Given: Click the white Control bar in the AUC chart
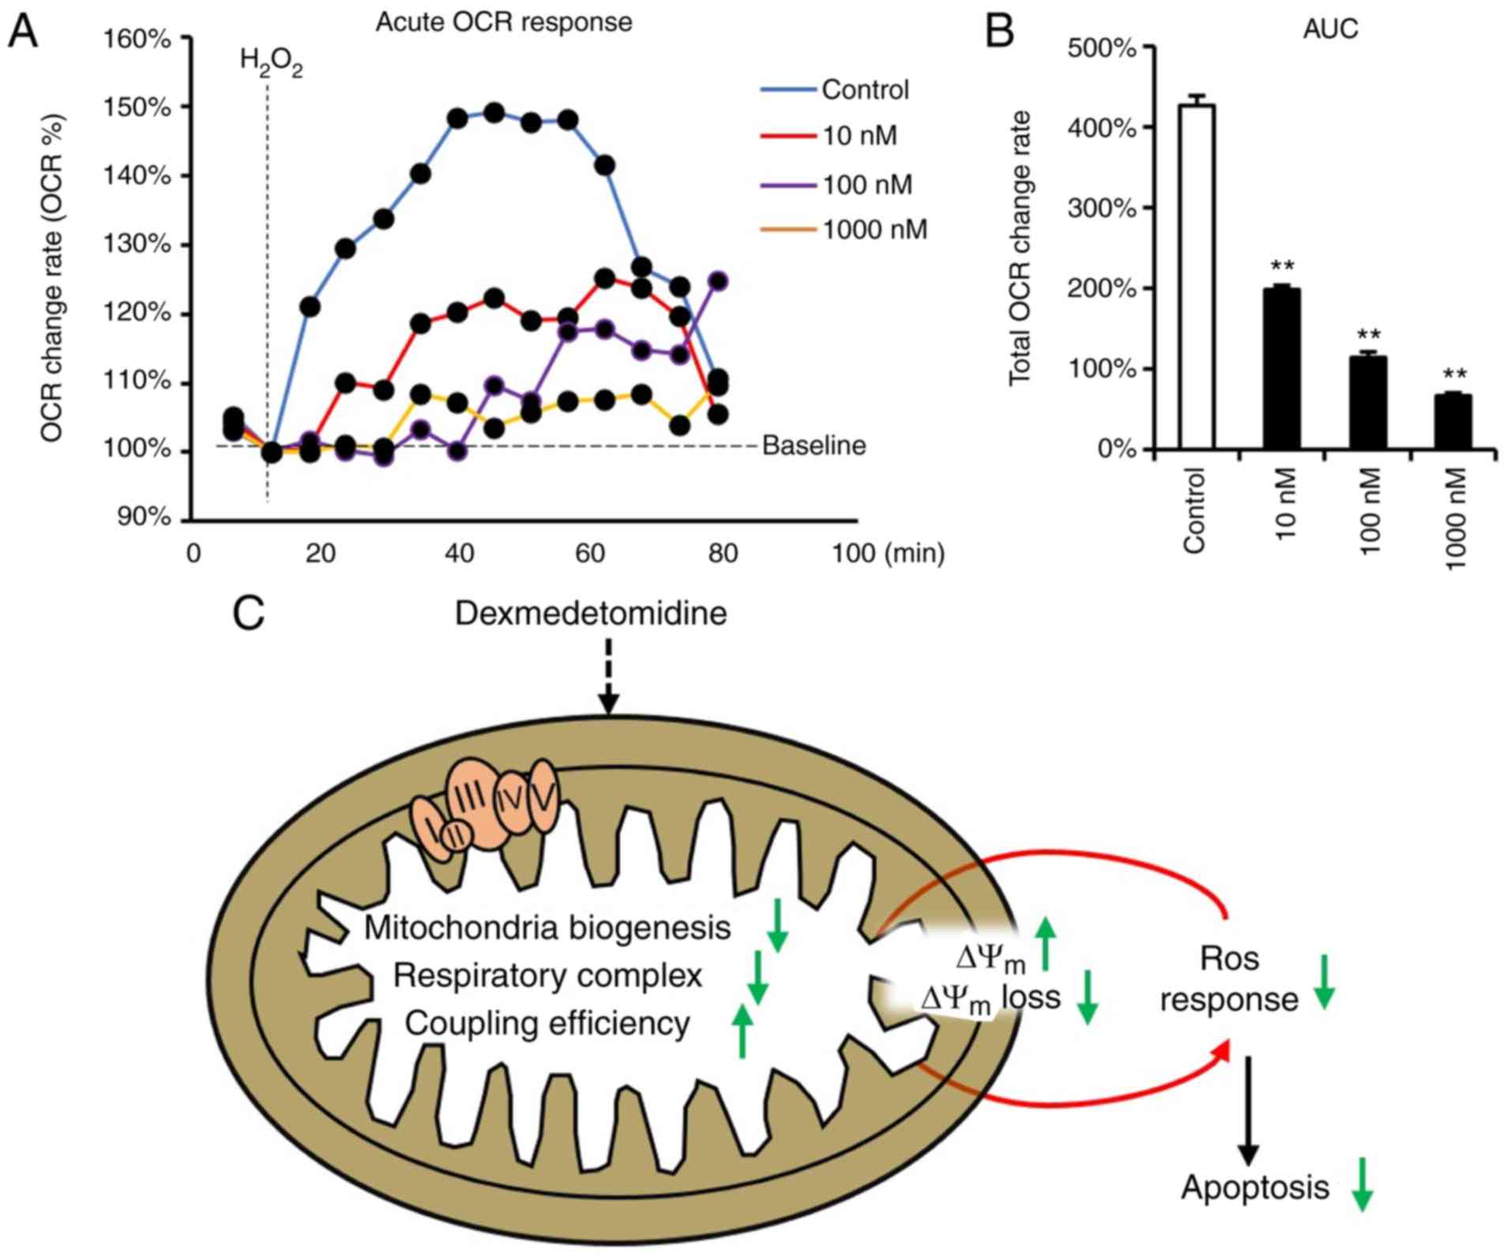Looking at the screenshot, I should coord(1197,276).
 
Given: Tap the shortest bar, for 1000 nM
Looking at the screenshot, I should coord(1453,422).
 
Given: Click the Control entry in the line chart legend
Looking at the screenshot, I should coord(864,90).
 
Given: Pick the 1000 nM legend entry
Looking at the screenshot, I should coord(874,230).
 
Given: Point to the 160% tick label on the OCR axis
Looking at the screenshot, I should coord(137,39).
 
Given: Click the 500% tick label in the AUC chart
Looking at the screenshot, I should coord(1102,48).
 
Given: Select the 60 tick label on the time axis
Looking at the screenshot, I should coord(590,554).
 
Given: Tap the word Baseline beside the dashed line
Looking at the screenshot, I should coord(814,446).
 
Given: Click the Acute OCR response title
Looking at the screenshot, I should coord(503,22).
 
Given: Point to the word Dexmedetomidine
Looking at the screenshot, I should coord(591,614).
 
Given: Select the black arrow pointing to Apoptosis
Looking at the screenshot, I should coord(1247,1111).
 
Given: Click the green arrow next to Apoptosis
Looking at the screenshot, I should coord(1362,1184).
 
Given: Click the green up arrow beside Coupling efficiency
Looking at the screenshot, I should coord(741,1030).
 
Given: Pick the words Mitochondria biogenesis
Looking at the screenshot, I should coord(547,927).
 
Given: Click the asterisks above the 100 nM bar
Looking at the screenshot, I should coord(1368,336).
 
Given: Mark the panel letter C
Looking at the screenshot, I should coord(248,613).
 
